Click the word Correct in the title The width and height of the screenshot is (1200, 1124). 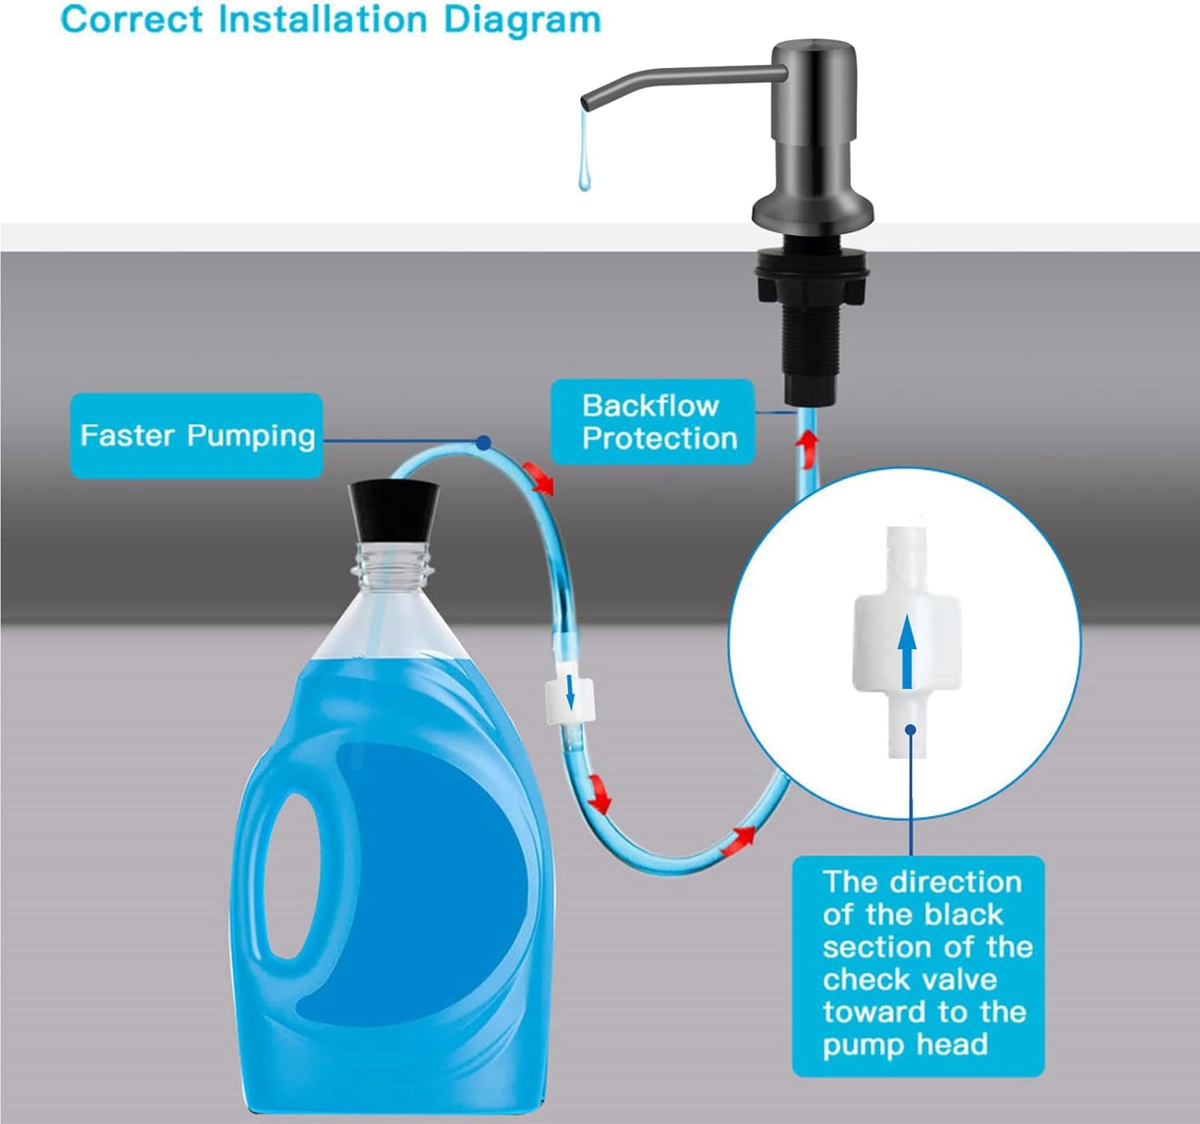131,19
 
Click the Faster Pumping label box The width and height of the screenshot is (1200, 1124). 196,436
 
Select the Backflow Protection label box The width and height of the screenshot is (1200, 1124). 653,422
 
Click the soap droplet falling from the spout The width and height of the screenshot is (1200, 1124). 585,170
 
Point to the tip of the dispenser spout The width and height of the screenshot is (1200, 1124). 586,103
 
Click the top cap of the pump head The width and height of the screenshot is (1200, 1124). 815,50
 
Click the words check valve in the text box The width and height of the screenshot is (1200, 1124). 909,980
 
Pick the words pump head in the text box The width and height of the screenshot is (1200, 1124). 905,1044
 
